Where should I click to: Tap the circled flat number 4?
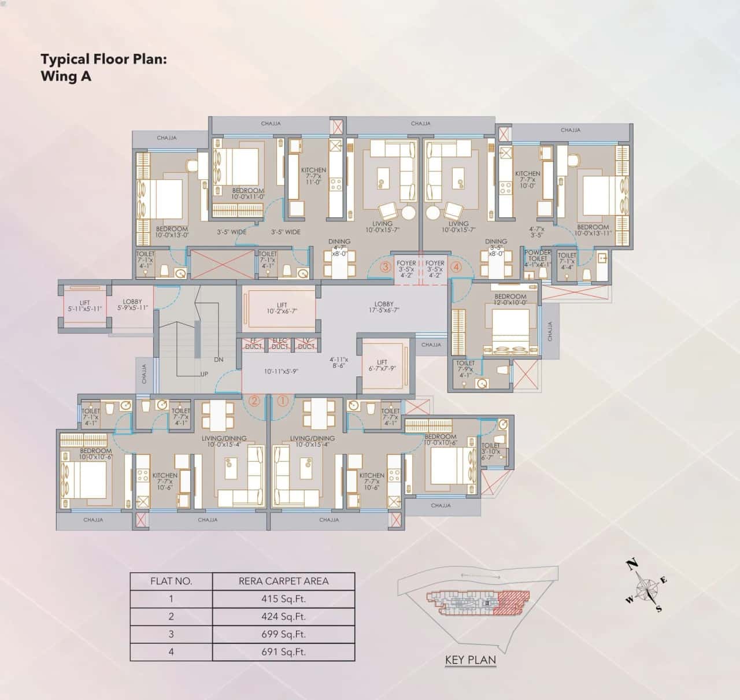pyautogui.click(x=456, y=267)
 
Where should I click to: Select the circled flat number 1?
pyautogui.click(x=283, y=400)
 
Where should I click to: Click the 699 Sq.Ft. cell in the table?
pyautogui.click(x=283, y=634)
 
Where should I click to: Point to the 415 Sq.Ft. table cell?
pyautogui.click(x=283, y=599)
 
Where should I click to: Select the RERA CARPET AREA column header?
pyautogui.click(x=283, y=582)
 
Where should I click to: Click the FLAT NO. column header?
pyautogui.click(x=171, y=582)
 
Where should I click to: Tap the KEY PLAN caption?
pyautogui.click(x=471, y=660)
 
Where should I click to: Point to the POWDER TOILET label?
pyautogui.click(x=537, y=256)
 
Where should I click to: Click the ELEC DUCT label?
pyautogui.click(x=280, y=344)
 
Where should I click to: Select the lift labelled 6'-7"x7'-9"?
pyautogui.click(x=382, y=365)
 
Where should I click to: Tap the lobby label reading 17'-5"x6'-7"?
pyautogui.click(x=384, y=306)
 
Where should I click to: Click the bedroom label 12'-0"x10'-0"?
pyautogui.click(x=510, y=299)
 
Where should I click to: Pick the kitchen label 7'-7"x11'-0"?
pyautogui.click(x=313, y=176)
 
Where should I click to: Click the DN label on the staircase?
pyautogui.click(x=219, y=360)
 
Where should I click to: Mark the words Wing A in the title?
pyautogui.click(x=66, y=76)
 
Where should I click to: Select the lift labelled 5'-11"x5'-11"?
pyautogui.click(x=85, y=306)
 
